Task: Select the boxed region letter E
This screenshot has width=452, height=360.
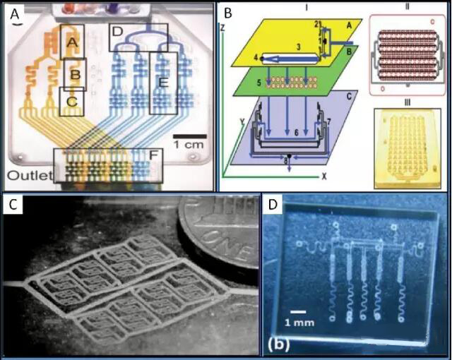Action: pos(162,83)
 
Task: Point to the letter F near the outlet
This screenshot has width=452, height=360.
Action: pos(155,154)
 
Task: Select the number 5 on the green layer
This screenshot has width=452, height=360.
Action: pos(258,83)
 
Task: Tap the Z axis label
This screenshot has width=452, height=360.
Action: pos(223,27)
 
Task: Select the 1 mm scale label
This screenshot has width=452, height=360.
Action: pos(301,323)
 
